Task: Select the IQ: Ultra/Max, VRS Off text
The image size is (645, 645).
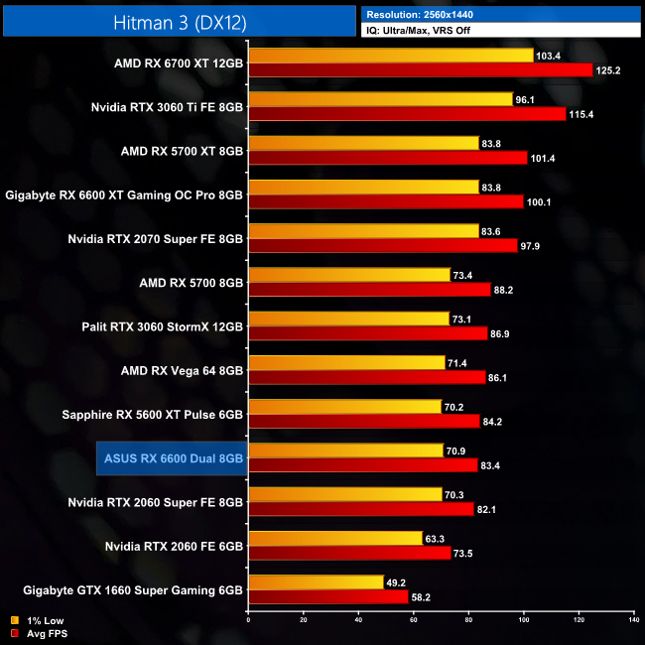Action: pos(428,30)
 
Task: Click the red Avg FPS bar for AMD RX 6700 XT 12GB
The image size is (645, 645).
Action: pos(421,70)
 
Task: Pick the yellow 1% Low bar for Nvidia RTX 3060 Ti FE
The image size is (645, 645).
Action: pos(380,99)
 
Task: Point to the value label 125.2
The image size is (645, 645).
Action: pos(607,70)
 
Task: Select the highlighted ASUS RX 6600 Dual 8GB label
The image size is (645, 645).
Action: pos(173,457)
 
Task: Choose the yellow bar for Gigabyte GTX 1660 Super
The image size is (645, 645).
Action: pos(316,582)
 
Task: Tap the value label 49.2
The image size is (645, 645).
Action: pos(398,582)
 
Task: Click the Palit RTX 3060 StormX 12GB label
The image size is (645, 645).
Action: pos(163,325)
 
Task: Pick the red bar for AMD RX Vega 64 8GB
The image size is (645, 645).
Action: pos(367,378)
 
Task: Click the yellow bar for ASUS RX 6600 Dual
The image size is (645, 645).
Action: pos(345,451)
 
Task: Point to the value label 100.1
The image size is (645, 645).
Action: pos(539,202)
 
